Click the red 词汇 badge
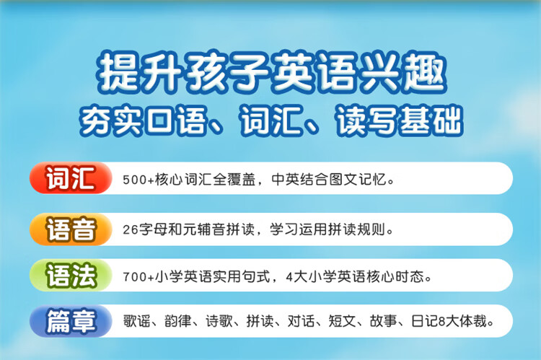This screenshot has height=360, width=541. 71,177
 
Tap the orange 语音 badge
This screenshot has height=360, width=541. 71,229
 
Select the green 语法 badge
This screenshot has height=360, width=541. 71,275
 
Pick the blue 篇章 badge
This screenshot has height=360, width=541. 71,321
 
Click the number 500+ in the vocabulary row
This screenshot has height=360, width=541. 138,180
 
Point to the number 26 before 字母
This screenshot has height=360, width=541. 131,229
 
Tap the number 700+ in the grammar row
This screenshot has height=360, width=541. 138,277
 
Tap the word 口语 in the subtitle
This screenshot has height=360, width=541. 175,120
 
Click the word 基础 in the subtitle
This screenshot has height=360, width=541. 430,120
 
